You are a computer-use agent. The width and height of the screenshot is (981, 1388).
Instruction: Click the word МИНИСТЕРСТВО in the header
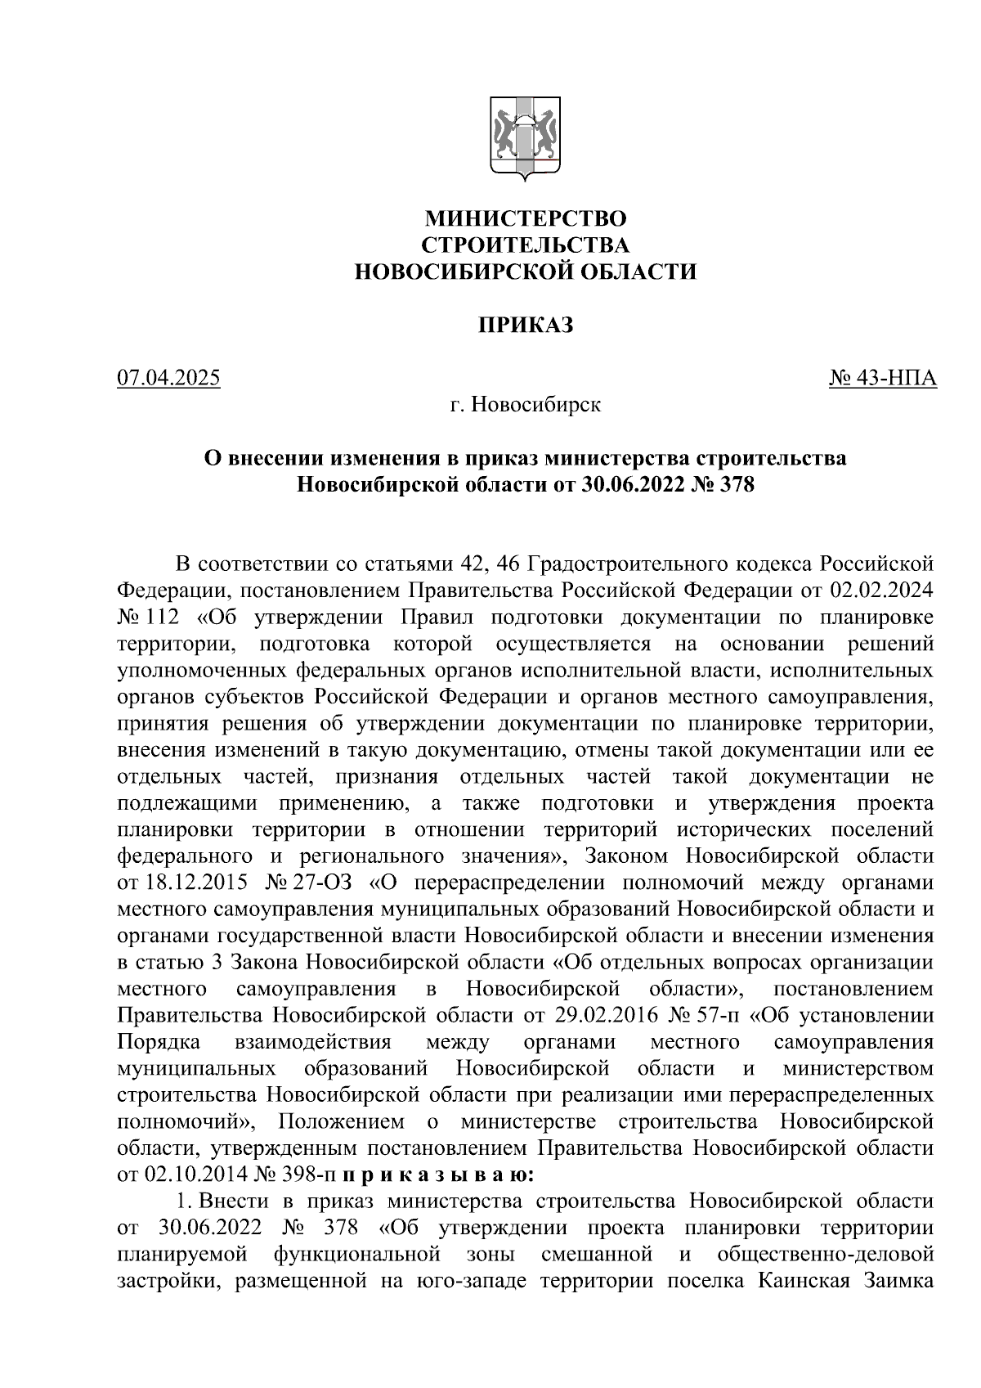click(x=526, y=219)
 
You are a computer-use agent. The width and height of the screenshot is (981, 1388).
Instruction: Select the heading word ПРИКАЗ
click(x=526, y=326)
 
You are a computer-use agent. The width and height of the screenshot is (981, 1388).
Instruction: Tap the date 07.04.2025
click(x=169, y=379)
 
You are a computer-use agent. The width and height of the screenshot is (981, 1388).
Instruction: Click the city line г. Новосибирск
click(x=525, y=404)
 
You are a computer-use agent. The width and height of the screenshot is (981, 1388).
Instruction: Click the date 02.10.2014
click(x=189, y=1176)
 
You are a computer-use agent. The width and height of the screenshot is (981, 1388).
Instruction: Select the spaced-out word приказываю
click(x=438, y=1176)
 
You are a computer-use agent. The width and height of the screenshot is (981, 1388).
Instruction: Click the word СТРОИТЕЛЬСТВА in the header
click(x=526, y=245)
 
